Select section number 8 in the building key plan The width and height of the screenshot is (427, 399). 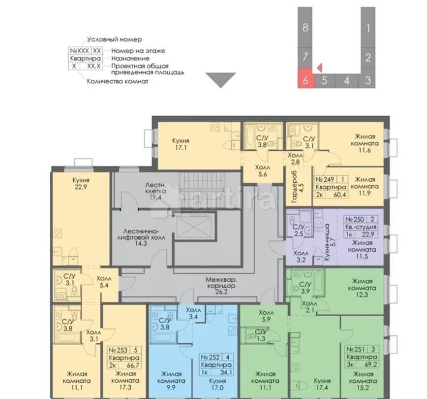pyautogui.click(x=305, y=28)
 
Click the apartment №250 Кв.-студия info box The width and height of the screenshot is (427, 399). pyautogui.click(x=361, y=227)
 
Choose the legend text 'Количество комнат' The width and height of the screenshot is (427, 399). pyautogui.click(x=117, y=81)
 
